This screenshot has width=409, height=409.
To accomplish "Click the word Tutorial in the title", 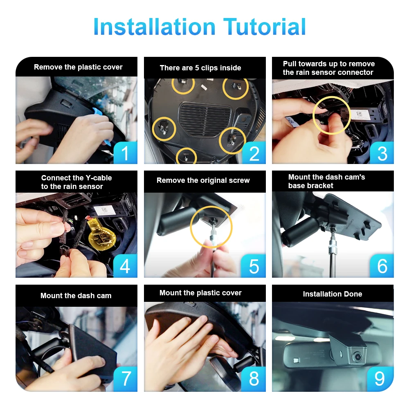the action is pyautogui.click(x=265, y=27).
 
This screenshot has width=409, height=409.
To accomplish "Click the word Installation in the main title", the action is pyautogui.click(x=155, y=27).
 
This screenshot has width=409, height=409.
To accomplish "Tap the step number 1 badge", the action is pyautogui.click(x=126, y=153).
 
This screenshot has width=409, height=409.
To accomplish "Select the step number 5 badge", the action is pyautogui.click(x=254, y=266).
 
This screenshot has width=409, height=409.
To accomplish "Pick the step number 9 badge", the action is pyautogui.click(x=380, y=379).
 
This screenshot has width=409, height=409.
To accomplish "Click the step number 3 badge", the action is pyautogui.click(x=382, y=153).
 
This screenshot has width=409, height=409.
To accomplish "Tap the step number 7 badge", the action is pyautogui.click(x=126, y=379).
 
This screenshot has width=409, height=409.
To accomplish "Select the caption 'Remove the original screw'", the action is pyautogui.click(x=203, y=180).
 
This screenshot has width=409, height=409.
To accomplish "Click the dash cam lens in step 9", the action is pyautogui.click(x=357, y=356).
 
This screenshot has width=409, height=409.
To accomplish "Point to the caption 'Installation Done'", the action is pyautogui.click(x=333, y=294).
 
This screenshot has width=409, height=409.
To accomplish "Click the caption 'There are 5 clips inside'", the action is pyautogui.click(x=200, y=68).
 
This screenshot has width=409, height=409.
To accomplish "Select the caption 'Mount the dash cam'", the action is pyautogui.click(x=76, y=296).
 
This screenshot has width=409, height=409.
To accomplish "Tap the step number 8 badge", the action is pyautogui.click(x=254, y=379).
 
